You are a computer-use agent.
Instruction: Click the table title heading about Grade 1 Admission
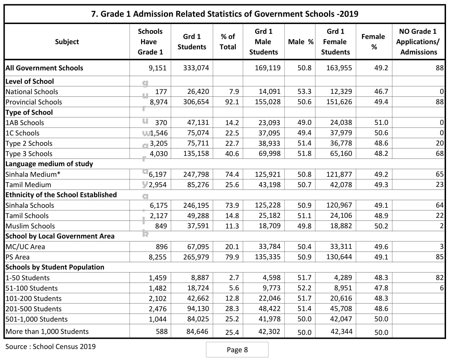click(225, 14)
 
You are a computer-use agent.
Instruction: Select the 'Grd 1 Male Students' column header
click(263, 42)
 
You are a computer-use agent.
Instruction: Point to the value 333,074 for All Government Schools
click(196, 68)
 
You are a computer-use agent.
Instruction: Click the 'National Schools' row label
click(32, 92)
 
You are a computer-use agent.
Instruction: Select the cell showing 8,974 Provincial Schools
click(159, 102)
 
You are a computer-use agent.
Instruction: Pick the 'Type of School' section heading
click(29, 112)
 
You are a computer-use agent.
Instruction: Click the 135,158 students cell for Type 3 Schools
click(196, 153)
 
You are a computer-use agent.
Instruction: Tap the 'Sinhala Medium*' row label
click(33, 174)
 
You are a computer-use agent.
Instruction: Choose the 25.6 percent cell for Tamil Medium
click(232, 185)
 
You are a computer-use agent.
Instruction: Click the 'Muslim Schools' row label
click(30, 226)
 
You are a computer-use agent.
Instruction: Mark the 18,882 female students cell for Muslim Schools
click(341, 226)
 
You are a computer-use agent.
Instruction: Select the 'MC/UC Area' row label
click(25, 247)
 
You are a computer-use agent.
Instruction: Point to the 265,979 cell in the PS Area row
click(196, 257)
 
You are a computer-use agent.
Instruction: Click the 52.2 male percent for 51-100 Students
click(304, 288)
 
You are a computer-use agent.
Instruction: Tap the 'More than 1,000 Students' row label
click(47, 332)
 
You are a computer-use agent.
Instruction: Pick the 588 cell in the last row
click(162, 332)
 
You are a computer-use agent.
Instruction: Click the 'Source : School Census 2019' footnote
click(51, 347)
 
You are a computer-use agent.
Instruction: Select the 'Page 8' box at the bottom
click(237, 350)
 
